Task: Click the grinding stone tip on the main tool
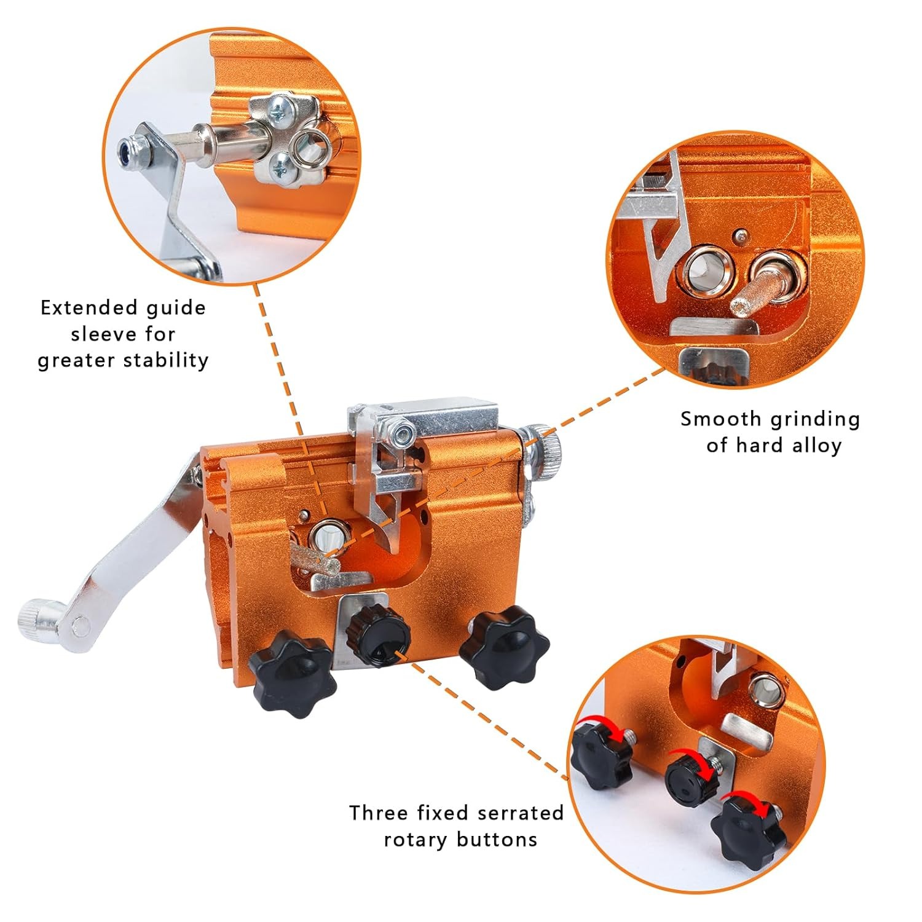click(x=313, y=561)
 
